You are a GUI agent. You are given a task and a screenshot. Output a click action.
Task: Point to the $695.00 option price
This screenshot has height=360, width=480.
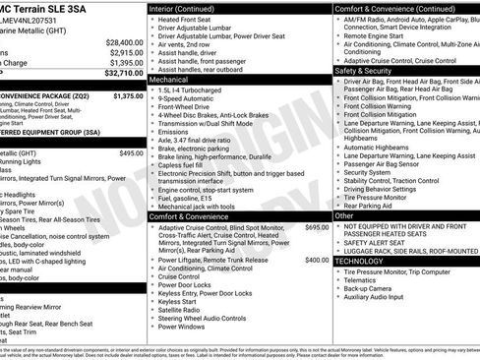click(x=317, y=227)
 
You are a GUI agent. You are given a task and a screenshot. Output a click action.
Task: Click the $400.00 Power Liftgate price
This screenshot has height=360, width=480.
click(x=317, y=260)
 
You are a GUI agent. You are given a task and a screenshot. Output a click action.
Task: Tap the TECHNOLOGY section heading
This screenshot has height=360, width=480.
click(x=361, y=261)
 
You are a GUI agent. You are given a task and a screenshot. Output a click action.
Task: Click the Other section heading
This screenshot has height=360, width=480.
click(x=345, y=214)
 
